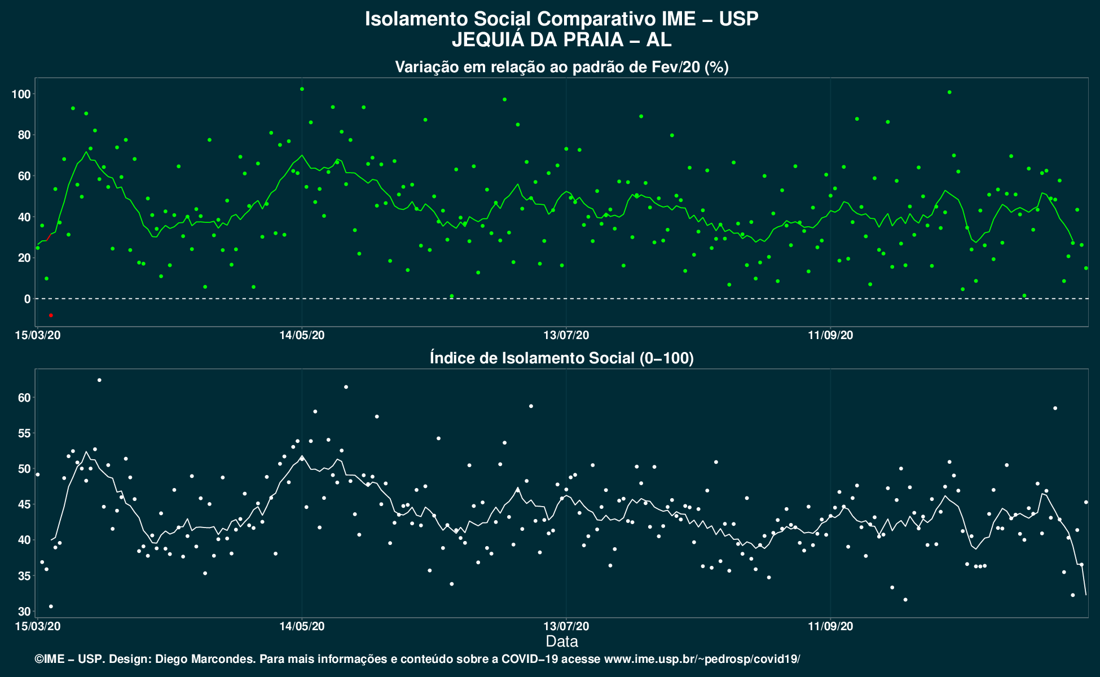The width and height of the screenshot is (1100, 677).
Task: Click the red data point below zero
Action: [x=51, y=315]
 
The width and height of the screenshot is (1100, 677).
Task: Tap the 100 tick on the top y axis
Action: [x=21, y=94]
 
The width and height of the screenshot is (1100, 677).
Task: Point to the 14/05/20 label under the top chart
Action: [x=302, y=335]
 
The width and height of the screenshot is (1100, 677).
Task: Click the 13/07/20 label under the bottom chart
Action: [x=566, y=626]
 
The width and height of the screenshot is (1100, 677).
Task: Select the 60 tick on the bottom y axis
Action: [x=24, y=398]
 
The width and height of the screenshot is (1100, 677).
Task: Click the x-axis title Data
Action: [x=562, y=641]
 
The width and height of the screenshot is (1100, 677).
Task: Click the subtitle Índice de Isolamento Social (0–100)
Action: [x=562, y=358]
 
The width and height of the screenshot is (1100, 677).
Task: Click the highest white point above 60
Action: [x=99, y=380]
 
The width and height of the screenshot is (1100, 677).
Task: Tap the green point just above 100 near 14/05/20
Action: [x=302, y=89]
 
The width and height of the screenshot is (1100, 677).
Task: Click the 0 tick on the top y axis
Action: [x=27, y=298]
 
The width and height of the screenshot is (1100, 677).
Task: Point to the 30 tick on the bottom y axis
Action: [x=24, y=612]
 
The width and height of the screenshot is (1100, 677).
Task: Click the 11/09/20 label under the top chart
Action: [x=830, y=335]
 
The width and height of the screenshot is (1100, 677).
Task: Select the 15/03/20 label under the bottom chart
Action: [x=38, y=626]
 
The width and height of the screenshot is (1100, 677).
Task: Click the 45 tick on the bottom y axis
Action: [x=24, y=504]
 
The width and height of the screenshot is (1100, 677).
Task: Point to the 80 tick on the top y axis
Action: [x=24, y=135]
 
